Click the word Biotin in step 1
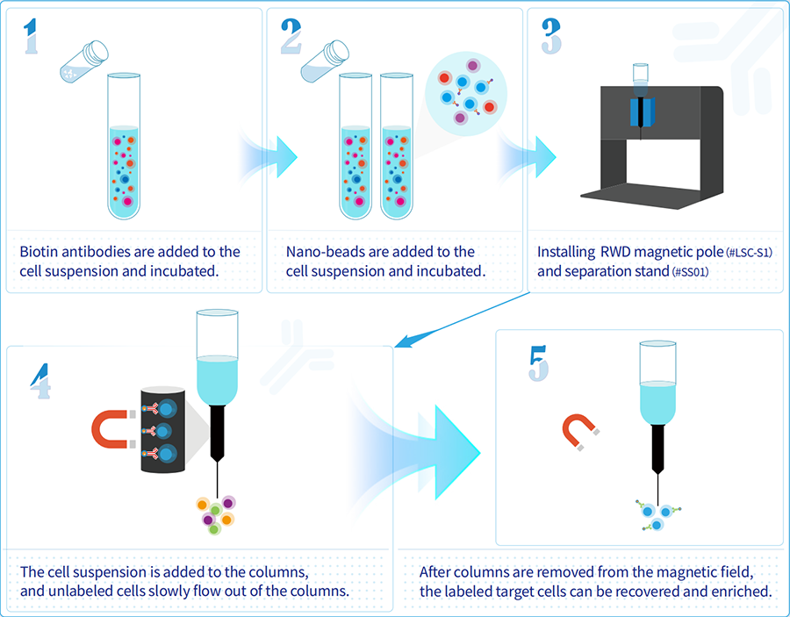tap(40, 252)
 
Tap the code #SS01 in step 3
tap(690, 272)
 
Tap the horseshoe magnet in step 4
tap(110, 429)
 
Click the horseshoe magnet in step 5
tap(579, 430)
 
